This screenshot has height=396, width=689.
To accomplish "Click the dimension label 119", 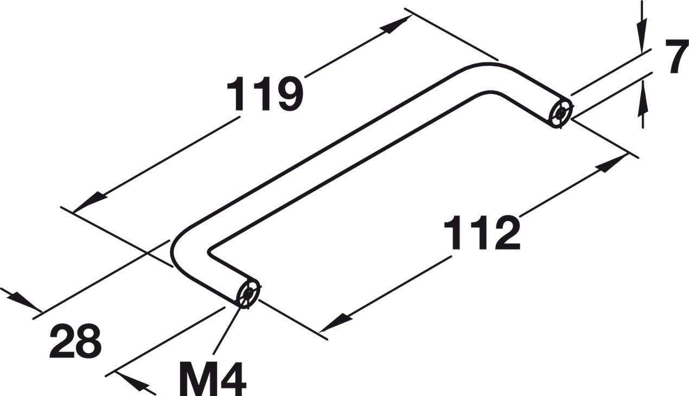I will (x=264, y=94).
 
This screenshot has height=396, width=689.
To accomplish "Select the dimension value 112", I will (x=482, y=233).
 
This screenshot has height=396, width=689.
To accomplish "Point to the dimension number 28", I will (x=75, y=342).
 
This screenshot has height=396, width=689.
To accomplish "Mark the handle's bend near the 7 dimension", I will (x=491, y=76).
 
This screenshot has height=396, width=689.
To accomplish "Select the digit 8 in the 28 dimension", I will (x=88, y=342).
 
